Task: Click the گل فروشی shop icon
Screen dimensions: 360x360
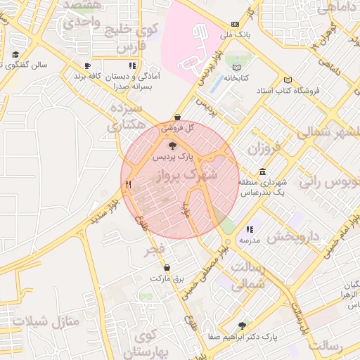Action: (176, 117)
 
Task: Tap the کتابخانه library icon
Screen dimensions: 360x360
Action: (237, 68)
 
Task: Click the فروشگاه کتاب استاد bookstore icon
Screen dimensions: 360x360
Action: (286, 80)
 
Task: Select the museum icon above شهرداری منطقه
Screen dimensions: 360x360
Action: (262, 172)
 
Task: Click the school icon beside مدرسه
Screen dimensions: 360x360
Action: (250, 230)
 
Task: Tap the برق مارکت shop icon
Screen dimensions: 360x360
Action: (167, 268)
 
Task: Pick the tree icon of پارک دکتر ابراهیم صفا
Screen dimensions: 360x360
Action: (243, 326)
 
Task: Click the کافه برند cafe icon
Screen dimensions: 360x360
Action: (87, 65)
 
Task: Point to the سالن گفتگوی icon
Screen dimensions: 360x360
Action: (15, 54)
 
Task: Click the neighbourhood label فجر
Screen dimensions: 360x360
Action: (155, 250)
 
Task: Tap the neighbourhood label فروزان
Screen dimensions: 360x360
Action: (264, 149)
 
